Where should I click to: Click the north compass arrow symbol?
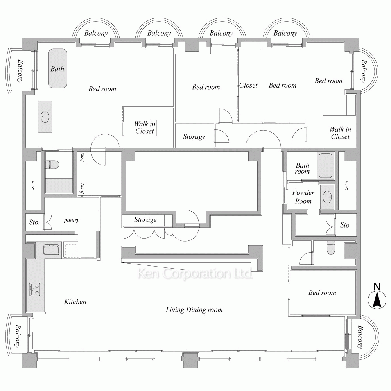[377, 300]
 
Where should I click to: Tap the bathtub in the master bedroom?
[58, 68]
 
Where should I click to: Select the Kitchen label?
[75, 301]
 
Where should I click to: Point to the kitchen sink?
[51, 249]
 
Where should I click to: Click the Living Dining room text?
[194, 310]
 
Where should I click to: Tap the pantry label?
[72, 220]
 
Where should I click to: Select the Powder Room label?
[303, 197]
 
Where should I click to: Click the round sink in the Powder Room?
[327, 196]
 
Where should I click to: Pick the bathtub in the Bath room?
[325, 166]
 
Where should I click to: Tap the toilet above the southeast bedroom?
[330, 248]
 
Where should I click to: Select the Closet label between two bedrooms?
[248, 85]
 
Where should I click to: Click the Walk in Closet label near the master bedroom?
[145, 127]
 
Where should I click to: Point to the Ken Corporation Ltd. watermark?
[195, 274]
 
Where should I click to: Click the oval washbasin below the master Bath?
[45, 116]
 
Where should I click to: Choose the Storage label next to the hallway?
[194, 136]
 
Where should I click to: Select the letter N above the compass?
[377, 287]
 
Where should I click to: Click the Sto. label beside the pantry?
[34, 222]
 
